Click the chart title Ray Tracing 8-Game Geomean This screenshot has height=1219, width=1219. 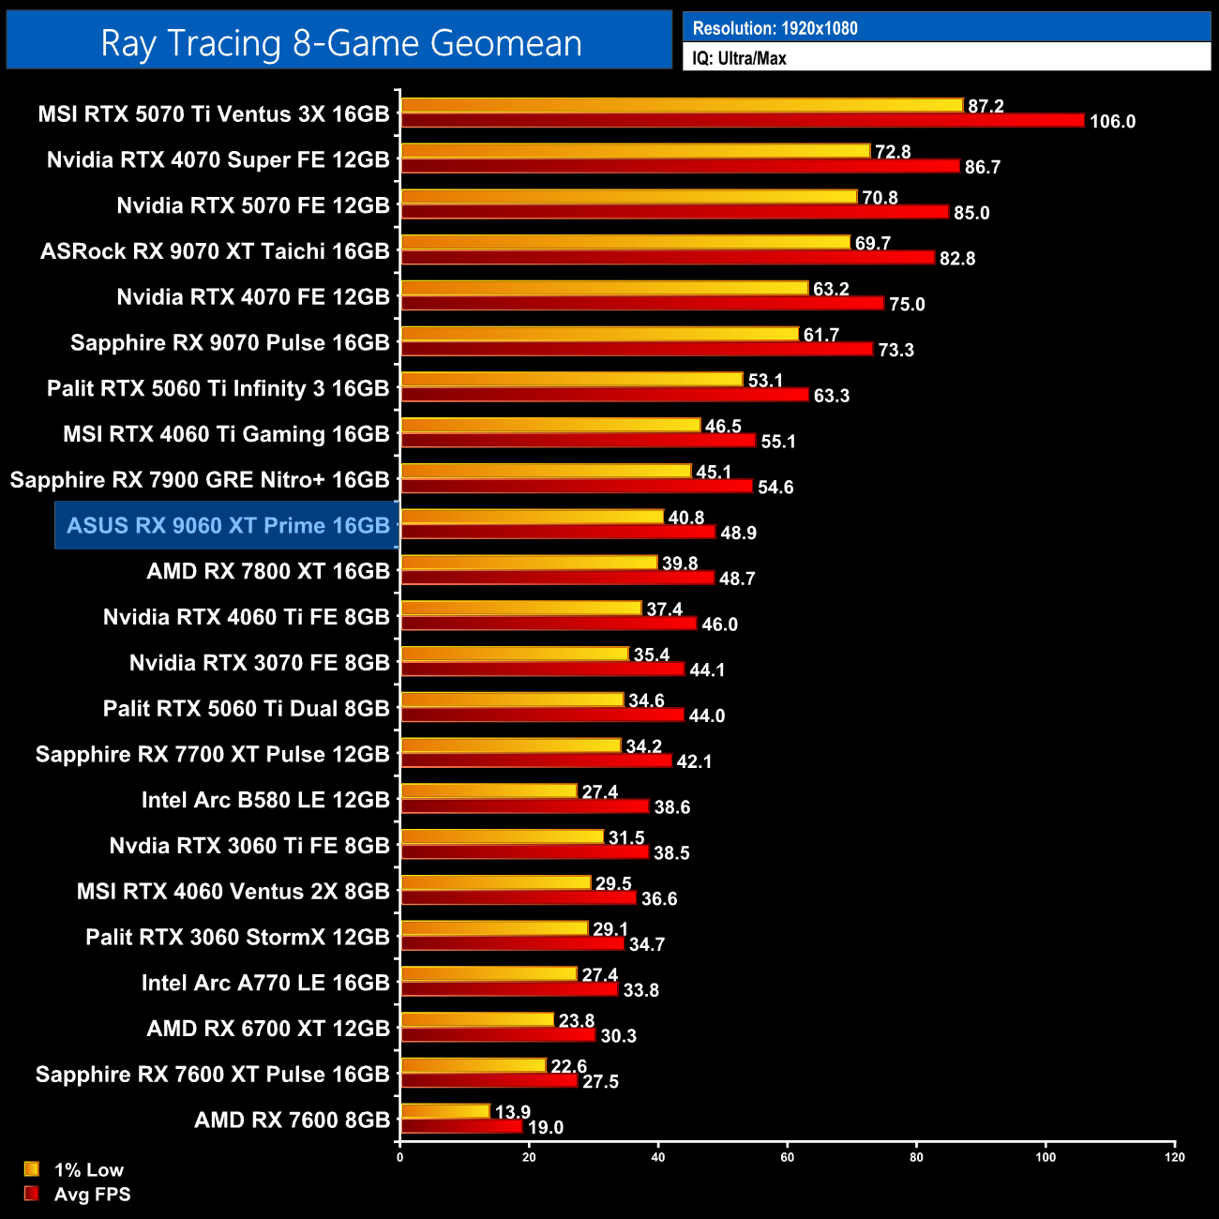[x=340, y=43]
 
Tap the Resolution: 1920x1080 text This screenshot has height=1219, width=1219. [x=775, y=28]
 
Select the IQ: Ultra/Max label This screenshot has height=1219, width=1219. [x=739, y=58]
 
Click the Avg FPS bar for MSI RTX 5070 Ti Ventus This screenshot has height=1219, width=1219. [x=742, y=121]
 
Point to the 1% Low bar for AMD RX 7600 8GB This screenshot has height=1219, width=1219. [x=445, y=1111]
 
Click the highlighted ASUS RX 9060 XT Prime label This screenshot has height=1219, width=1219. [x=228, y=525]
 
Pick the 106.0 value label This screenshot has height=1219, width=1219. [x=1112, y=122]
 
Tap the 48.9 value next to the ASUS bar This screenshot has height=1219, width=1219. [x=738, y=534]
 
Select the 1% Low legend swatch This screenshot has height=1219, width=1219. [x=32, y=1169]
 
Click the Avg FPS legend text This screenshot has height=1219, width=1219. [x=92, y=1195]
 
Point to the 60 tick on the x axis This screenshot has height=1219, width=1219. [x=787, y=1157]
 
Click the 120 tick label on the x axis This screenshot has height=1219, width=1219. [x=1174, y=1157]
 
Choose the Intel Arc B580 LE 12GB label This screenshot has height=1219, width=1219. [x=265, y=800]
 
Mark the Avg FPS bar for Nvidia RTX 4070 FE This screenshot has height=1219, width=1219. [x=642, y=304]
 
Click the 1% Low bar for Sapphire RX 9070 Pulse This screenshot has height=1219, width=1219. [x=599, y=334]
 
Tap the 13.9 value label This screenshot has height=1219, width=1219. [x=512, y=1112]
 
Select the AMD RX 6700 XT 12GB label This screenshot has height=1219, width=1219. [x=268, y=1029]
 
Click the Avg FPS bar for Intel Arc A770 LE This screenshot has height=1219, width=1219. [x=509, y=989]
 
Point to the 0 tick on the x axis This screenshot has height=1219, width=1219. [x=400, y=1157]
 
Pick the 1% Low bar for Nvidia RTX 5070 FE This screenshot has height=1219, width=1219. [x=628, y=197]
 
